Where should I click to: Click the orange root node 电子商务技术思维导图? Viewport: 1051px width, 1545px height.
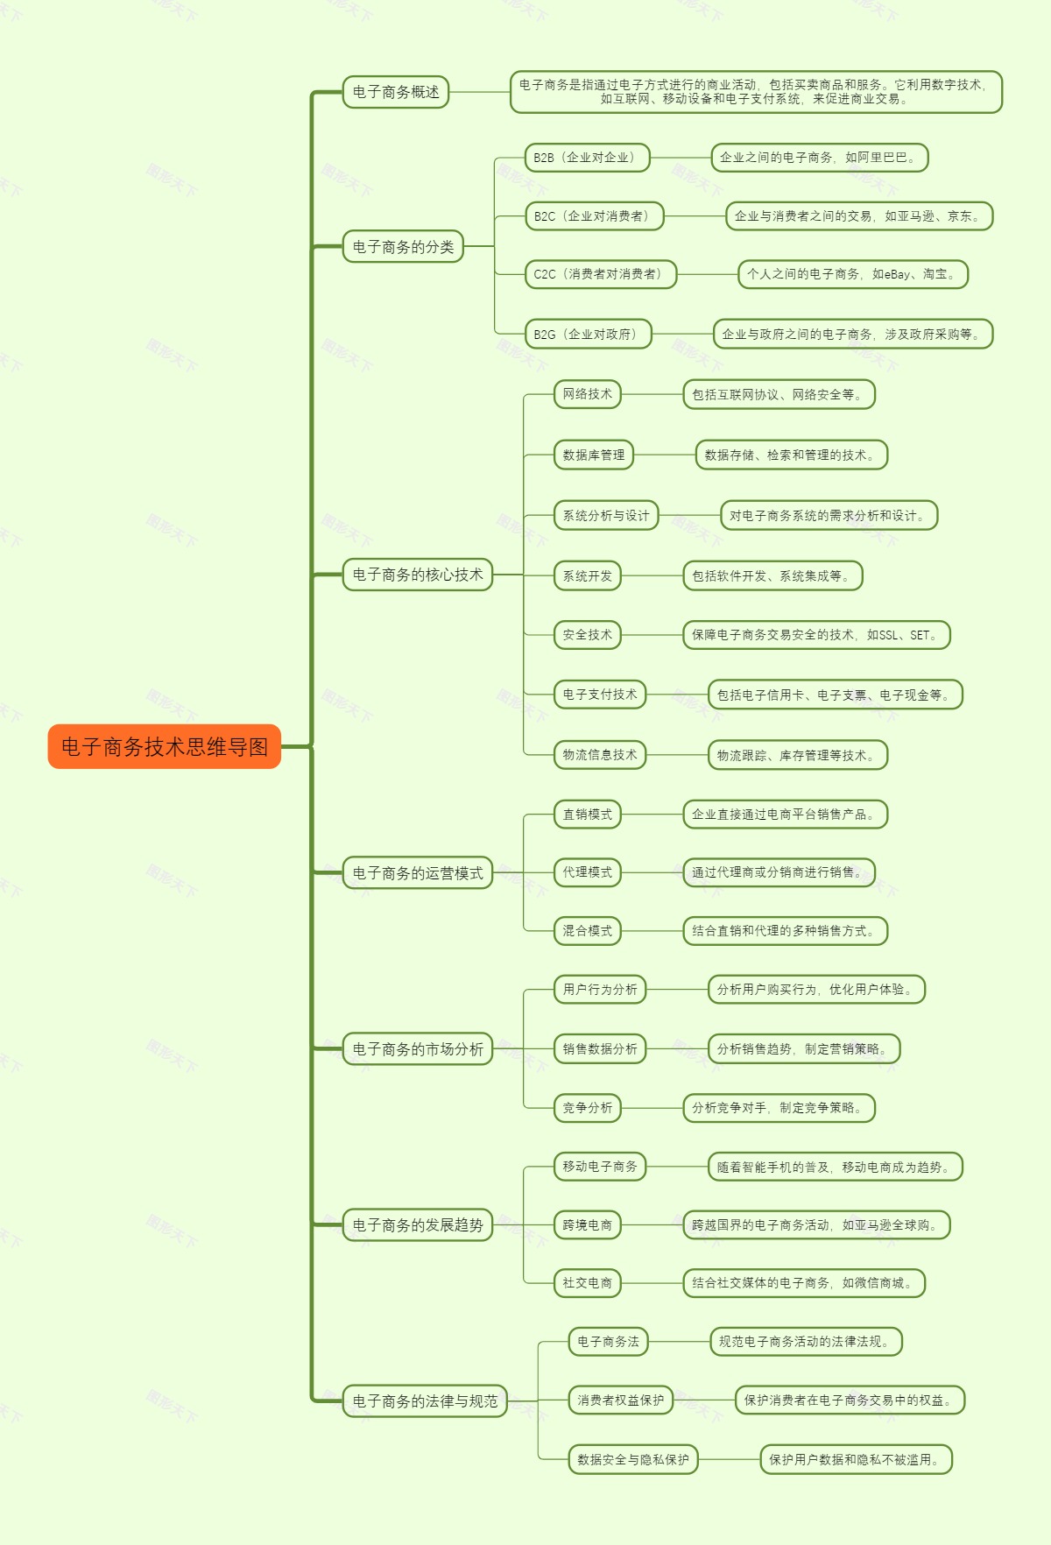coord(164,746)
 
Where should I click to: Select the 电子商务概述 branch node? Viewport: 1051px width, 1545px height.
coord(395,92)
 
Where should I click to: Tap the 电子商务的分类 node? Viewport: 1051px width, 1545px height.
coord(402,247)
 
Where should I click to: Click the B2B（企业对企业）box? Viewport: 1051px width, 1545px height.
coord(587,158)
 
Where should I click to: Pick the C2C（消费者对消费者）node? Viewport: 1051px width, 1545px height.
coord(600,274)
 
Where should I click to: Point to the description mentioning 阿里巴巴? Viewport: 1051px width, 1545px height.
coord(819,158)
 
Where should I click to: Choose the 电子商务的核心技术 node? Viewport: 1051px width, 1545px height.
coord(417,575)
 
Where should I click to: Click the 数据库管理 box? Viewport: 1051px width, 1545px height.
coord(593,455)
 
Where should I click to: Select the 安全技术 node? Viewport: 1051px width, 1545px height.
coord(587,635)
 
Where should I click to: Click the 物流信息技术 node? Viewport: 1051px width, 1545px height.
coord(599,755)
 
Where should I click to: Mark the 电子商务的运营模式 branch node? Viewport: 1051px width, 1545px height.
coord(417,873)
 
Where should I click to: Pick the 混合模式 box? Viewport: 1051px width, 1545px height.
coord(587,931)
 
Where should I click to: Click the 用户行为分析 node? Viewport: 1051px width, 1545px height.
coord(599,990)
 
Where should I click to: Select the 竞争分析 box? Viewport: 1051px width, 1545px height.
coord(587,1108)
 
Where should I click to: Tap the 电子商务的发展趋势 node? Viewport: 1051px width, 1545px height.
coord(417,1225)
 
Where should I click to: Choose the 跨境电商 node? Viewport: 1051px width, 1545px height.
coord(587,1225)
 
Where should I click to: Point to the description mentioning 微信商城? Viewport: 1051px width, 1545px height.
coord(803,1283)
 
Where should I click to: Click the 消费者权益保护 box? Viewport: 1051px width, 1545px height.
coord(620,1400)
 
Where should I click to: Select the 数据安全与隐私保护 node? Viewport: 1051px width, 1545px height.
coord(632,1460)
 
